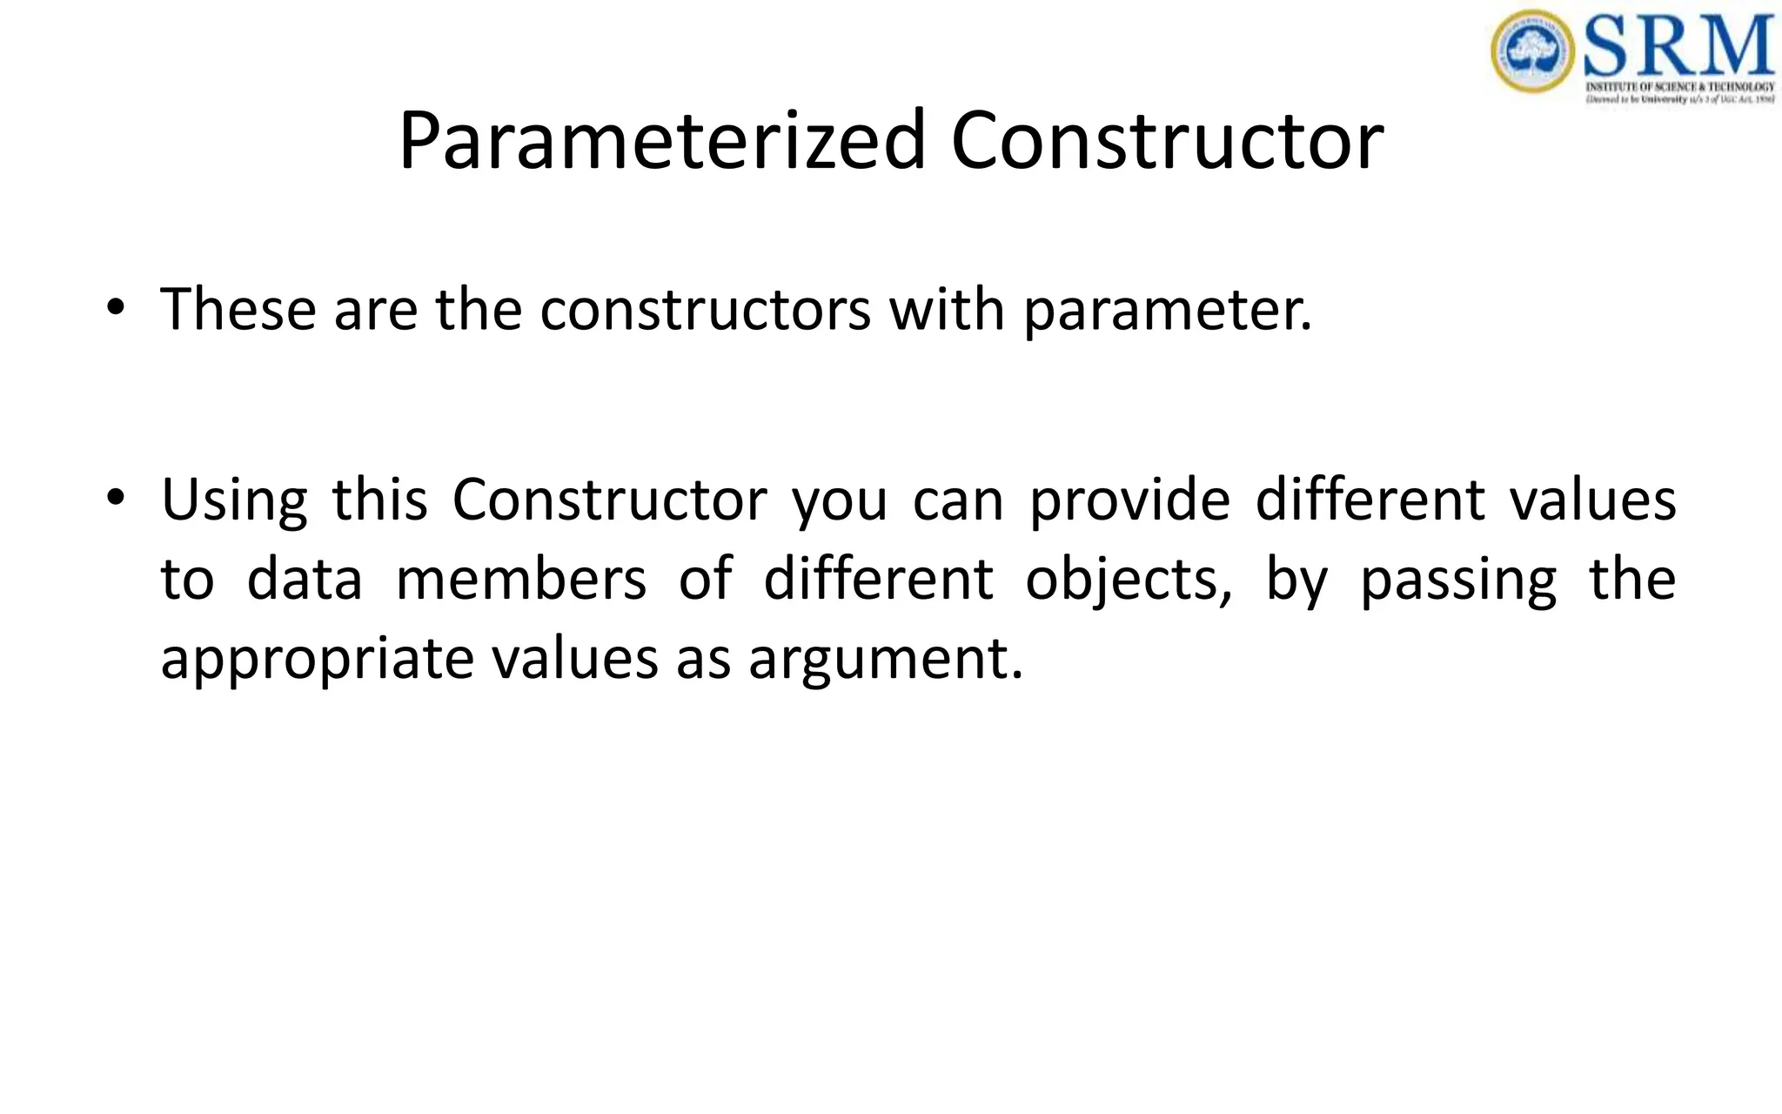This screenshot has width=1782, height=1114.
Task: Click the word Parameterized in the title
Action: click(x=661, y=141)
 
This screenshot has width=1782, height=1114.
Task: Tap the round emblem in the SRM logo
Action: click(x=1532, y=50)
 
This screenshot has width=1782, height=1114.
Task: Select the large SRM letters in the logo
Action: click(x=1678, y=45)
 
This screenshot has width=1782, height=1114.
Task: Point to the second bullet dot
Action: click(x=115, y=499)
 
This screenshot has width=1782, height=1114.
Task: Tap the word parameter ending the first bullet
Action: click(x=1166, y=312)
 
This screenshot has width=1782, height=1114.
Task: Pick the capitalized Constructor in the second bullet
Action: click(x=609, y=500)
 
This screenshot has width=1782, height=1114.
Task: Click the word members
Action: click(x=521, y=580)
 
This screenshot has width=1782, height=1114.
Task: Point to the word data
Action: click(x=305, y=580)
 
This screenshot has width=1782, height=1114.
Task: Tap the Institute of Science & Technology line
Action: click(x=1679, y=87)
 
